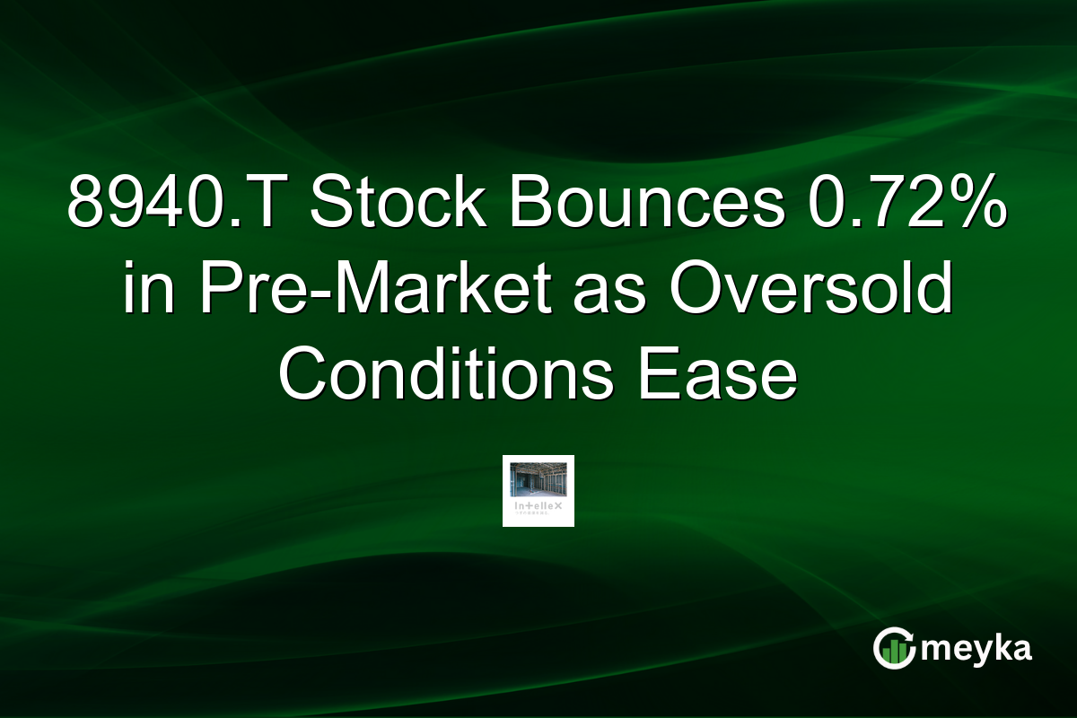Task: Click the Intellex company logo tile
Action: tap(538, 490)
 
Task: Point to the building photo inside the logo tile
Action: tap(538, 480)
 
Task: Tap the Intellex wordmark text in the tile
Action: tap(538, 507)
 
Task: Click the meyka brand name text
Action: tap(976, 649)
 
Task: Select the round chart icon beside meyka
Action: tap(894, 649)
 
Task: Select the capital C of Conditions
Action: tap(302, 375)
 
